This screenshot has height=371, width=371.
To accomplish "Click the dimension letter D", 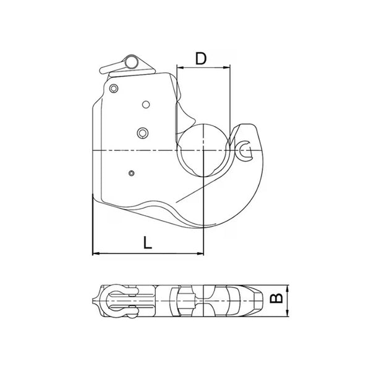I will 200,59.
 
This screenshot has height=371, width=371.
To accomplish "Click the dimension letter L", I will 147,242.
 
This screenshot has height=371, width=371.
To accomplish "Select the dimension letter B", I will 278,300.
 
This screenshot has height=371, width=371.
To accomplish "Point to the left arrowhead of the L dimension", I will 95,253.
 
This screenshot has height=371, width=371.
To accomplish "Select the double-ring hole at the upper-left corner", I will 113,88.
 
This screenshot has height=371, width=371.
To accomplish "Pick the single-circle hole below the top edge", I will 146,104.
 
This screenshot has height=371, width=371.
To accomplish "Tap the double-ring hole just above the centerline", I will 143,132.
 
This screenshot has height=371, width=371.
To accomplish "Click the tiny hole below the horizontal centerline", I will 131,173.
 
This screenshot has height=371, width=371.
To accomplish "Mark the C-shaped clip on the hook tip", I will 245,147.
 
